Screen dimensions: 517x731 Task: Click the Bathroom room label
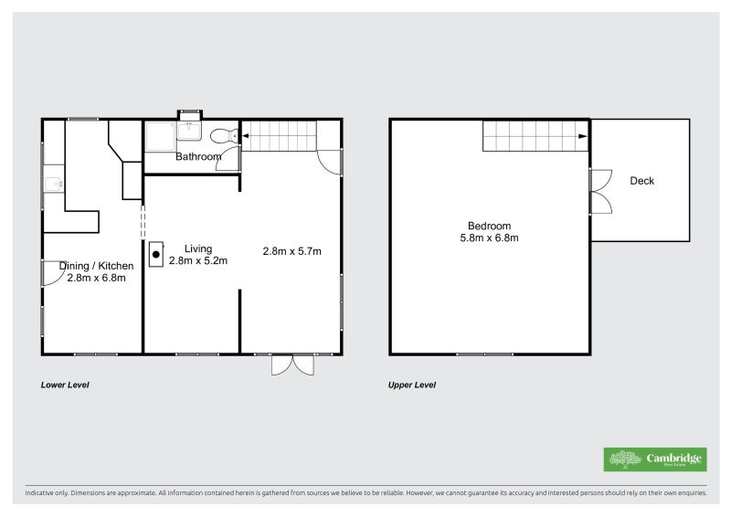[198, 157]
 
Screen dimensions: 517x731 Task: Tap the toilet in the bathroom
[222, 137]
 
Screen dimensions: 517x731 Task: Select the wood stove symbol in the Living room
[156, 252]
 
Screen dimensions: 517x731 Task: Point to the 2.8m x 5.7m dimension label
[291, 251]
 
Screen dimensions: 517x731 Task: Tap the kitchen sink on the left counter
[52, 185]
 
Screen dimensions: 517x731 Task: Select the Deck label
[642, 181]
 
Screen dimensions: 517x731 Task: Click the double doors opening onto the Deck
[599, 192]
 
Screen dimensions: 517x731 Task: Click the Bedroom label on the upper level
[489, 226]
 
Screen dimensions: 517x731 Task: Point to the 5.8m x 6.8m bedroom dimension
[489, 238]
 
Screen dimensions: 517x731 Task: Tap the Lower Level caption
[65, 385]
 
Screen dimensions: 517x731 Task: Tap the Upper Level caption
[412, 385]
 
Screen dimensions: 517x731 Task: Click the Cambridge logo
[654, 459]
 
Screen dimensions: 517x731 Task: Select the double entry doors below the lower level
[293, 364]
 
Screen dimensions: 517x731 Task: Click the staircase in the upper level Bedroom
[535, 136]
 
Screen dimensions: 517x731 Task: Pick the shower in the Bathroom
[161, 136]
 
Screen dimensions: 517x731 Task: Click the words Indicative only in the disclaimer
[46, 493]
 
